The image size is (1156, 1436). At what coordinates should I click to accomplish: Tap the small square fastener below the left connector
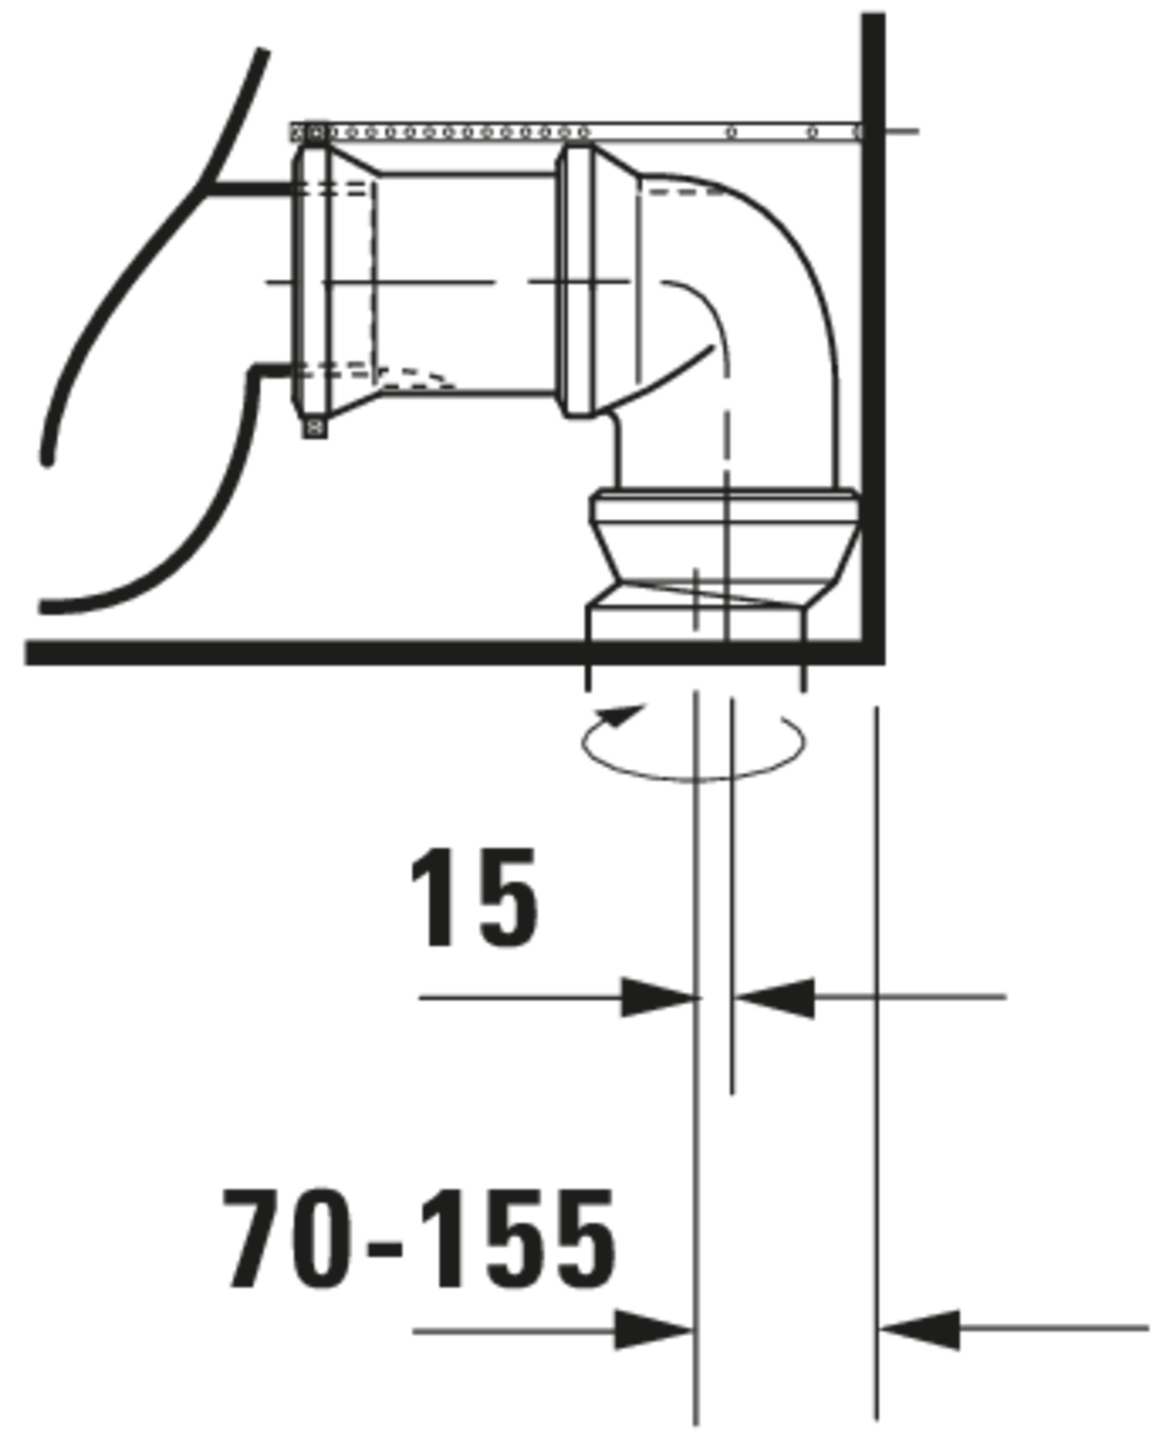point(315,426)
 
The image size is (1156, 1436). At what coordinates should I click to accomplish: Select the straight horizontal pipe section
point(466,283)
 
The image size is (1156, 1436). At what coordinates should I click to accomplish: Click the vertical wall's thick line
point(873,333)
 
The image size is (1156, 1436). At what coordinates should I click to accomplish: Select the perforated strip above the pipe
point(573,132)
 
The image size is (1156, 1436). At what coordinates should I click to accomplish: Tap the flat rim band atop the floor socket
point(724,506)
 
